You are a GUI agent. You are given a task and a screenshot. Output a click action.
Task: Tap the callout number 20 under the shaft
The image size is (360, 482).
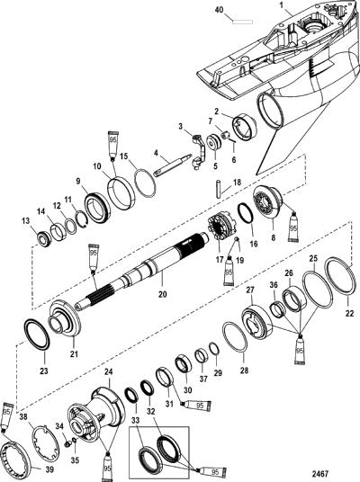click(x=163, y=294)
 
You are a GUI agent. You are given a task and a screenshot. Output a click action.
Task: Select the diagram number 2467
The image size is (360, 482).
click(x=320, y=473)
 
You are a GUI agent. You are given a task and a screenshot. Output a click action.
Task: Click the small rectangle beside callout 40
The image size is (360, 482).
click(x=242, y=22)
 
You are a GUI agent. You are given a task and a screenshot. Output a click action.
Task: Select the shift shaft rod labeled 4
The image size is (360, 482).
click(x=171, y=166)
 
